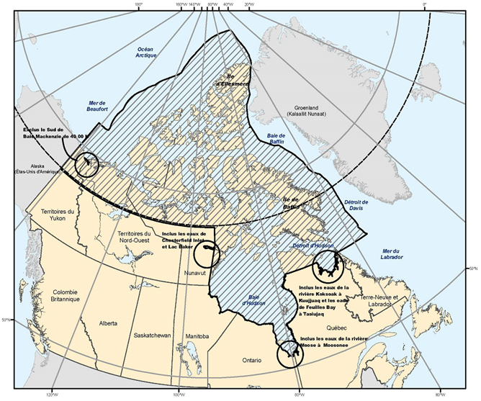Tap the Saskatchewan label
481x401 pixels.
coord(152,335)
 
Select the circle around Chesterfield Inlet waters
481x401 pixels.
coord(208,251)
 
